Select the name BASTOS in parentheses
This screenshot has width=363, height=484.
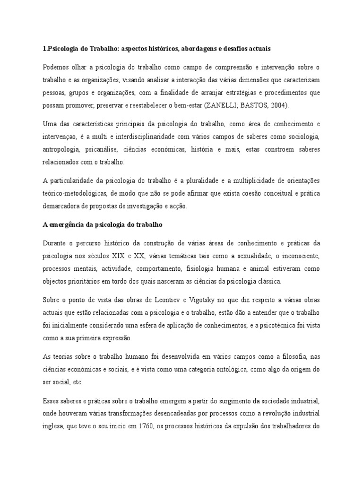tap(253, 105)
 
